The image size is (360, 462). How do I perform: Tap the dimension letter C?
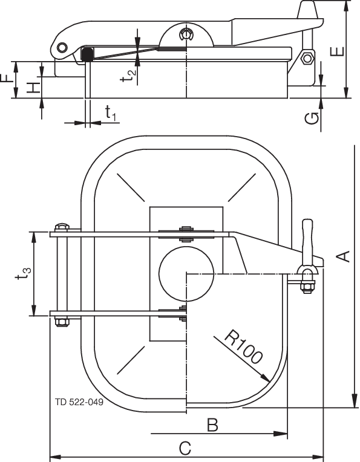coord(186,448)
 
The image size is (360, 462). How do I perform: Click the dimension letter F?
coord(7,78)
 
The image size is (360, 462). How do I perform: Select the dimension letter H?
coord(35,87)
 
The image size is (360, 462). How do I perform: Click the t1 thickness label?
coord(110,113)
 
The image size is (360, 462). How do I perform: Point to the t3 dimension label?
coord(23,275)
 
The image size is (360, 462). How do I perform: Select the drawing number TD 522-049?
coord(77,402)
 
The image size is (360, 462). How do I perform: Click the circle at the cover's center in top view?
coord(187,273)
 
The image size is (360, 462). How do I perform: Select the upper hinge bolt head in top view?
coord(61,227)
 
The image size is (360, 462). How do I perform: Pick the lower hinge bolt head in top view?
coord(62,321)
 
